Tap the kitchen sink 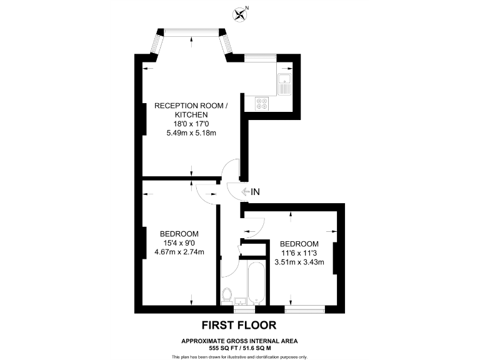[x=284, y=82]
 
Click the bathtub [x=256, y=283]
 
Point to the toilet [x=228, y=294]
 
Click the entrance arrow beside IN [x=242, y=192]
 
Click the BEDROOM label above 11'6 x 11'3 [x=299, y=244]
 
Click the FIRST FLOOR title [x=238, y=325]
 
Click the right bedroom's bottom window [x=305, y=307]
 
